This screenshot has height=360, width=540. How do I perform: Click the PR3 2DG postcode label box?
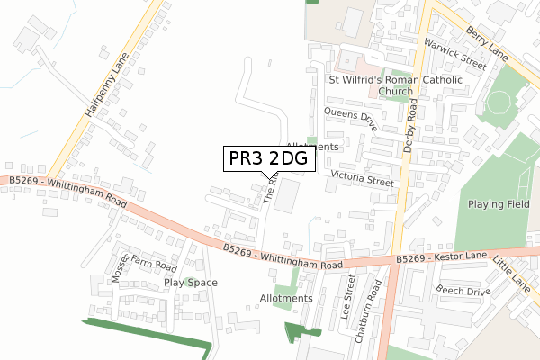point(269,158)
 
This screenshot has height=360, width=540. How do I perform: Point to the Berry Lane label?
point(486,42)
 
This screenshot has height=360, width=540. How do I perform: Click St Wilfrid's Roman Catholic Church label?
point(395,85)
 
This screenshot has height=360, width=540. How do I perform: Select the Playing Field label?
point(499,204)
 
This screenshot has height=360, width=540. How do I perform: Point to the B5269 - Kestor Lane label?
point(441,258)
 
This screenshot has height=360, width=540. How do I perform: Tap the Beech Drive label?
point(463,290)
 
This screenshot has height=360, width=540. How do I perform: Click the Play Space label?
point(191,282)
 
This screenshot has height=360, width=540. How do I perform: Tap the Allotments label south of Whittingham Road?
point(285,298)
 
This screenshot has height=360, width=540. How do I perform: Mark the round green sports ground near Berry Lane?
point(500,108)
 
